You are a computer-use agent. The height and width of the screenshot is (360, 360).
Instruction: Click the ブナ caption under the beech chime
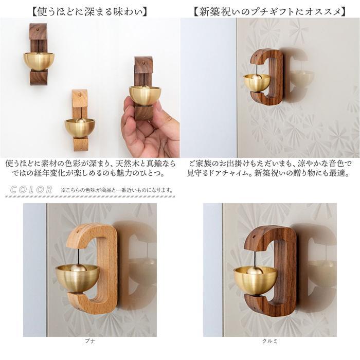(x=90, y=341)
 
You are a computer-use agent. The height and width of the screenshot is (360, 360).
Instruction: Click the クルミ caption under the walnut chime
(x=270, y=341)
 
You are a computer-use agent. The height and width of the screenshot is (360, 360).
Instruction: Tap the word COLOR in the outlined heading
(x=31, y=190)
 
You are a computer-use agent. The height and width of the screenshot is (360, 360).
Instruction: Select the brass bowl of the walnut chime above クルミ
(x=255, y=281)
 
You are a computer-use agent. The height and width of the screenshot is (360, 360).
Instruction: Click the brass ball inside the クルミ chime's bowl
(x=255, y=272)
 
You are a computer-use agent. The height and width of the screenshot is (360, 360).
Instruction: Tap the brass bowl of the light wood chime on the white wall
(x=80, y=128)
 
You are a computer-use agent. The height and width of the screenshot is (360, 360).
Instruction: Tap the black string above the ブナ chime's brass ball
(x=77, y=257)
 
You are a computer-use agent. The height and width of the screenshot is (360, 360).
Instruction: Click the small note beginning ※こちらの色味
(x=116, y=190)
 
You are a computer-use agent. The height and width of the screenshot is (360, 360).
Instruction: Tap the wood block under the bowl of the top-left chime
(x=39, y=78)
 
